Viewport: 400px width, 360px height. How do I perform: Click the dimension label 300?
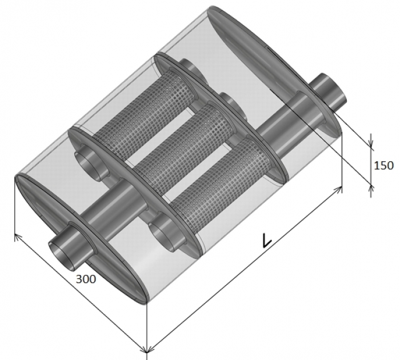[86, 279]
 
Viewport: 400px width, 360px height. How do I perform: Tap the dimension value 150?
[383, 166]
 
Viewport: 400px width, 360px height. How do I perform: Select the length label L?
[267, 241]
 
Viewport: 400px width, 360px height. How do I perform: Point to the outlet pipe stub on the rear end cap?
[329, 91]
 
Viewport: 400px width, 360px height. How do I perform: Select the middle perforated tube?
[184, 142]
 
